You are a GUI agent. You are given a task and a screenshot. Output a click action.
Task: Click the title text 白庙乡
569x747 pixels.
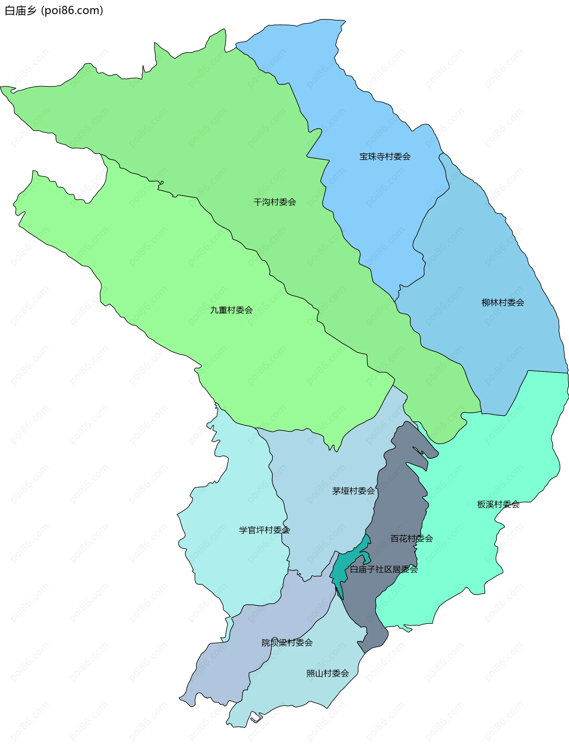(20, 11)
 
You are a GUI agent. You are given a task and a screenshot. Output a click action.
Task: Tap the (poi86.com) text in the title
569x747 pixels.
(72, 11)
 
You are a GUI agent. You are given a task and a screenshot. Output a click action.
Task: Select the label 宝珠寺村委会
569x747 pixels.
(385, 157)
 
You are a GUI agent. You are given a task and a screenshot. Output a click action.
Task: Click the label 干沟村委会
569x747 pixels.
(275, 202)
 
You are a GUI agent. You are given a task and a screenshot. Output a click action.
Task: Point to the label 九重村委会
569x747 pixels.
(231, 310)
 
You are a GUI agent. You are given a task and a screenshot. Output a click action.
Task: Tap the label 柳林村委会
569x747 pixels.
(503, 303)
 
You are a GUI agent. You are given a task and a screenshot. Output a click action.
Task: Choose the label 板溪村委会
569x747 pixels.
(498, 505)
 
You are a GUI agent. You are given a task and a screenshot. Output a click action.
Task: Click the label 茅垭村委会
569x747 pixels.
(353, 491)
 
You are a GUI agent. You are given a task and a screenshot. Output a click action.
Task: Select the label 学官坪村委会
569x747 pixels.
(264, 530)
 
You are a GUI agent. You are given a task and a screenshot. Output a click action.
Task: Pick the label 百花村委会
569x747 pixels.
(412, 538)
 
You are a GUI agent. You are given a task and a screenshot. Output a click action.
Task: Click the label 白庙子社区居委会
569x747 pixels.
(384, 569)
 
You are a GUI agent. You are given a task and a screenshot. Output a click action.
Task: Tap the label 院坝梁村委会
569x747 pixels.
(287, 643)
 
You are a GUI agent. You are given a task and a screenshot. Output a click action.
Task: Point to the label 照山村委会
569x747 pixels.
(327, 673)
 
